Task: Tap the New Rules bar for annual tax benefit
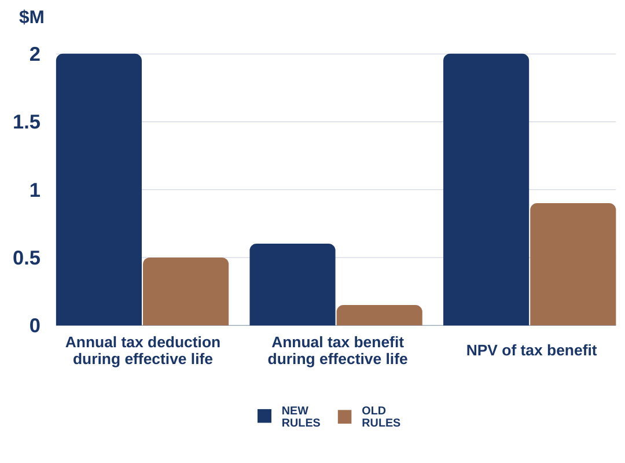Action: tap(292, 284)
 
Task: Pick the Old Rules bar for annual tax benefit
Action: tap(379, 315)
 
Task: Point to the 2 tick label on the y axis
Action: tap(35, 54)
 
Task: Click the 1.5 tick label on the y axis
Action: tap(27, 122)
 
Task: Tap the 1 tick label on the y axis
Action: tap(35, 190)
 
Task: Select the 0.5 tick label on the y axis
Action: tap(27, 258)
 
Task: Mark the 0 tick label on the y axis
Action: tap(35, 325)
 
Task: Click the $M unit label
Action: tap(31, 17)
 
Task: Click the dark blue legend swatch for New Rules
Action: tap(264, 416)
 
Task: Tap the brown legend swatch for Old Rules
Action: tap(344, 417)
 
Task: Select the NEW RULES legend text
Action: tap(300, 417)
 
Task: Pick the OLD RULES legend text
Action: tap(381, 417)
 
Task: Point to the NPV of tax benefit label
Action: tap(531, 350)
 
